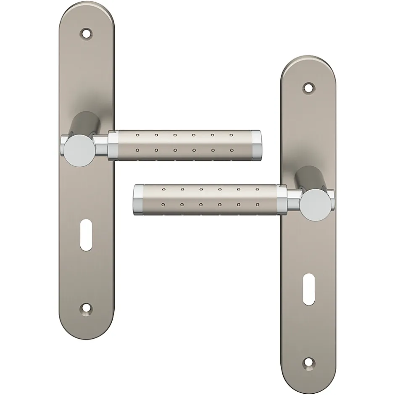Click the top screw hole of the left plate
(x=87, y=32)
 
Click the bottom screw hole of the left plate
(x=87, y=310)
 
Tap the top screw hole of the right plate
(x=309, y=87)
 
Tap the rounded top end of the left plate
(x=87, y=11)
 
